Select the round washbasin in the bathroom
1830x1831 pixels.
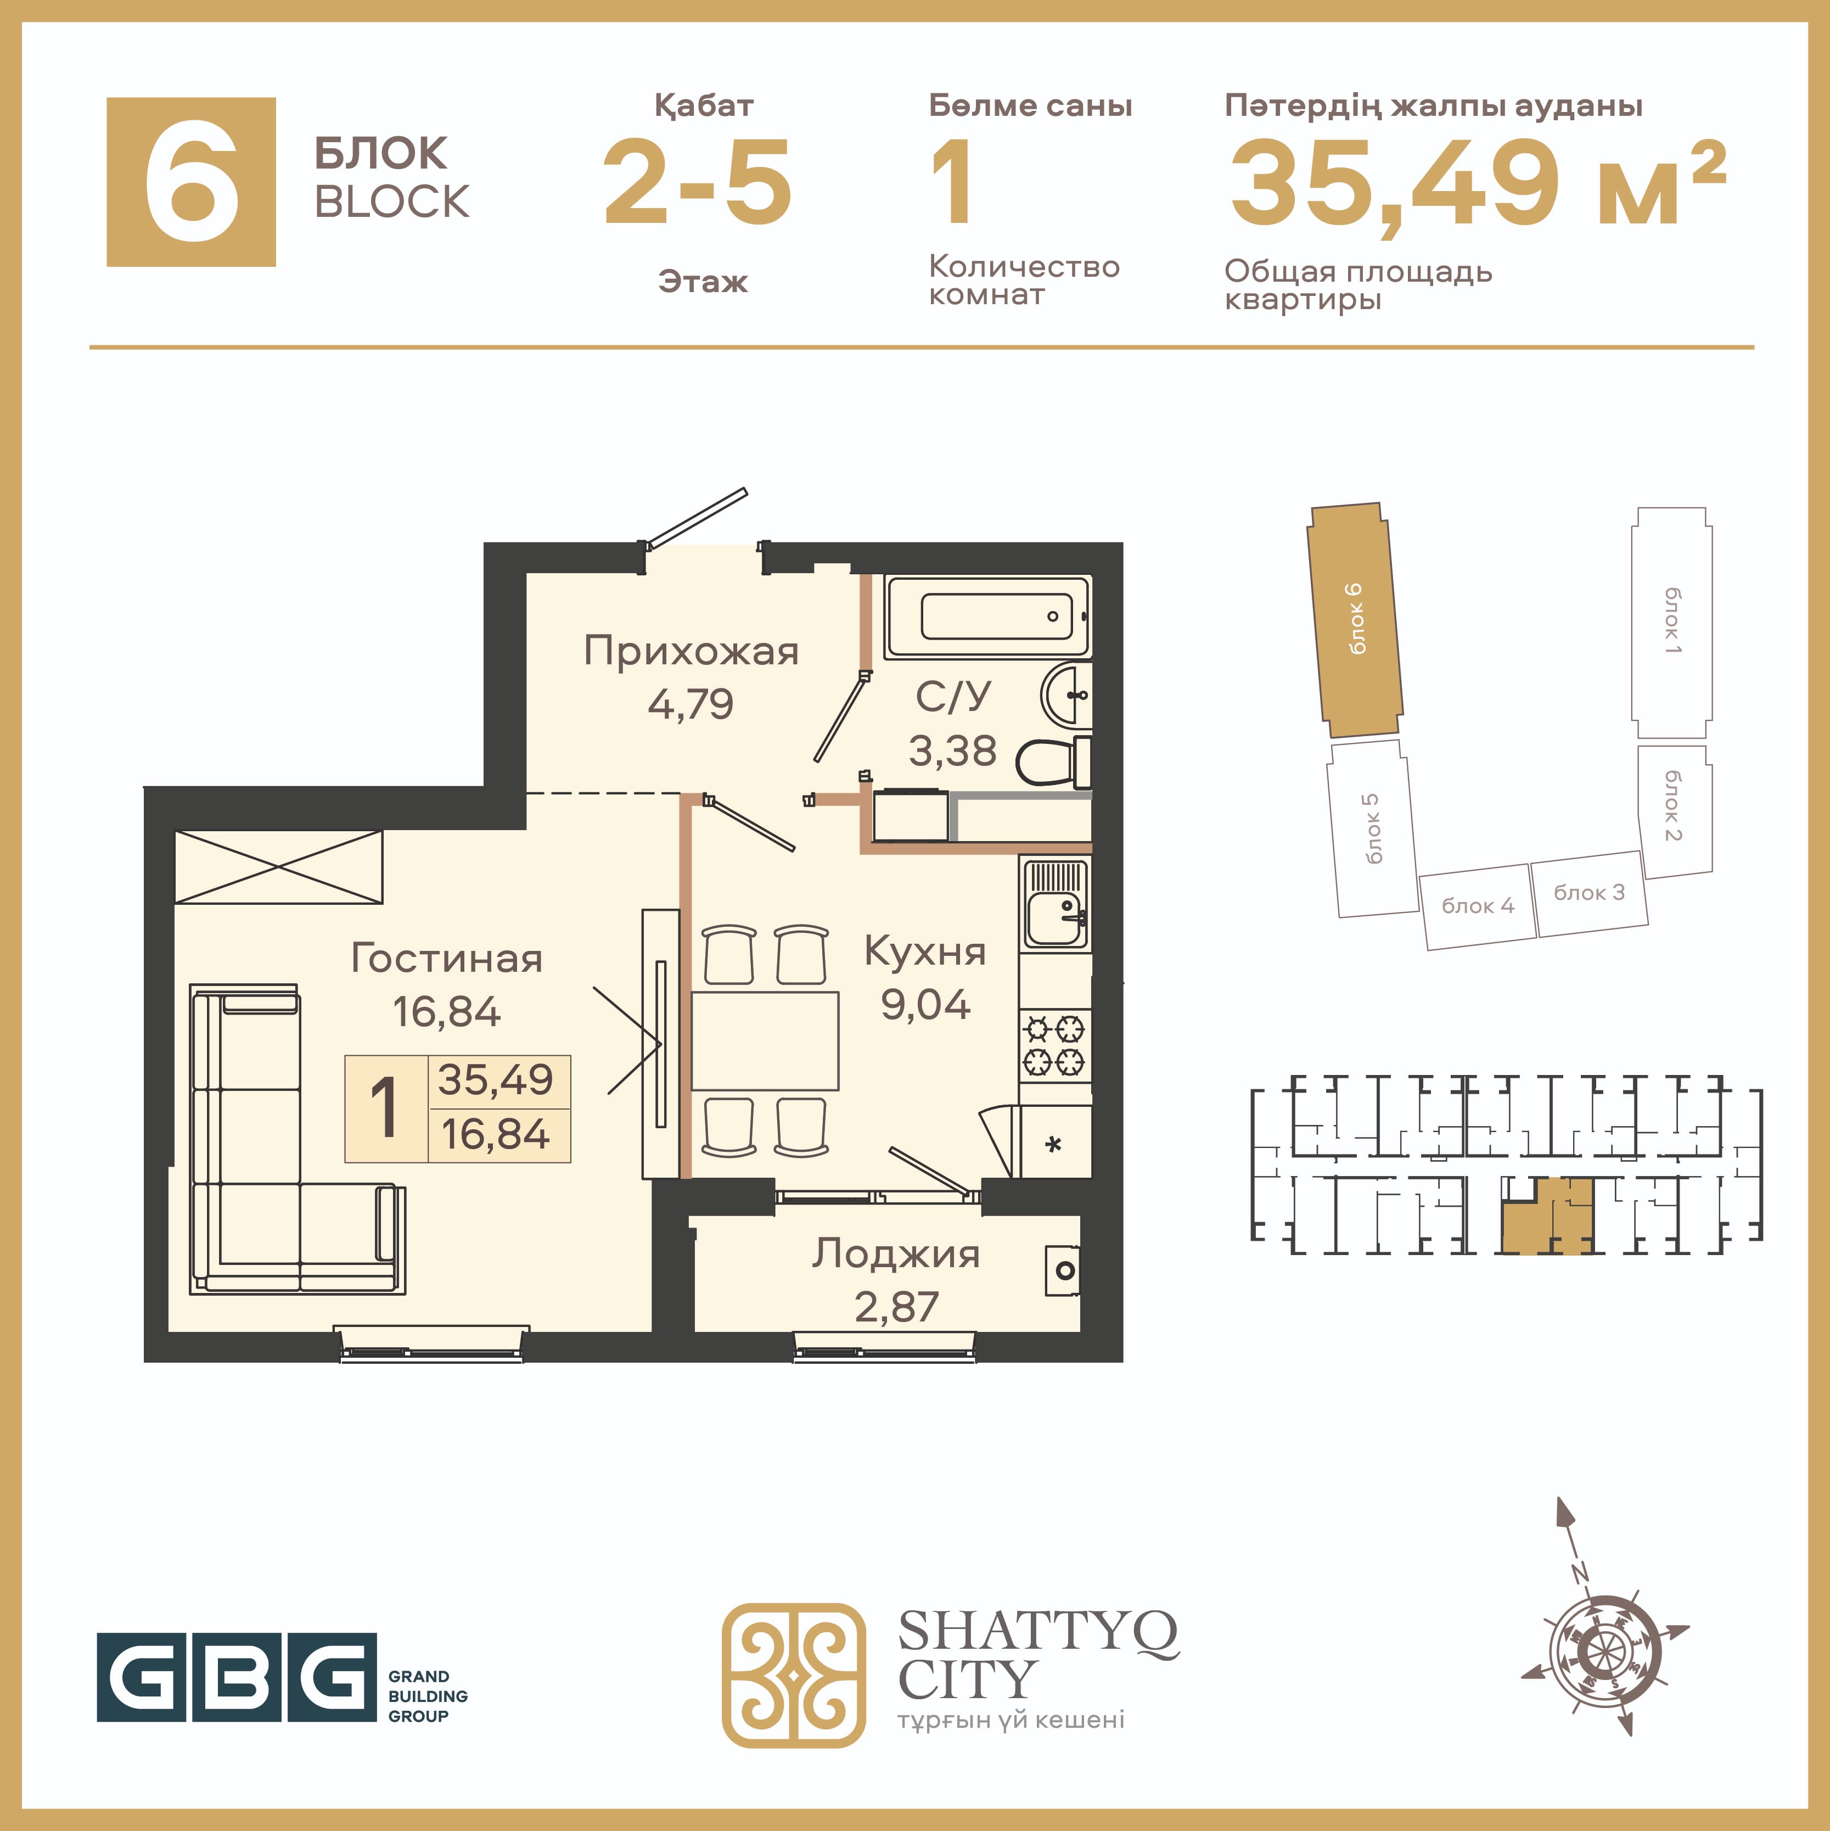tap(1066, 695)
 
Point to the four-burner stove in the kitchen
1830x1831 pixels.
tap(1055, 1046)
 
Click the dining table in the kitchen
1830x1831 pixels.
tap(765, 1040)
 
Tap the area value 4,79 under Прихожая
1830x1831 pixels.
tap(691, 704)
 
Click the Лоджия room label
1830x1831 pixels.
tap(896, 1255)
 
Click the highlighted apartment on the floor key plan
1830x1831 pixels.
tap(1547, 1216)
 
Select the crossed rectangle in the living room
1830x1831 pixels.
tap(279, 867)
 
